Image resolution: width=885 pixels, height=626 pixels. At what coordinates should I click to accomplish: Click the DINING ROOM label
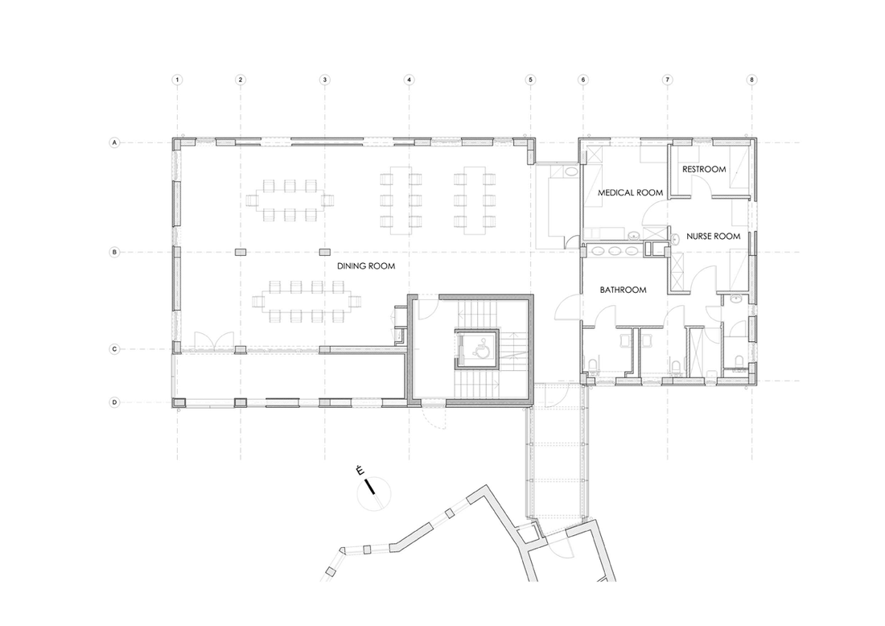pyautogui.click(x=366, y=266)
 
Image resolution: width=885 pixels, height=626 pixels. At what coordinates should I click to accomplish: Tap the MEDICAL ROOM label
pyautogui.click(x=630, y=192)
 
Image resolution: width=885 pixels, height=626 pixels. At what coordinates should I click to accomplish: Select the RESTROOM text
pyautogui.click(x=704, y=169)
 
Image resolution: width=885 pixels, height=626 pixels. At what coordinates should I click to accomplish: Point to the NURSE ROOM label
pyautogui.click(x=714, y=237)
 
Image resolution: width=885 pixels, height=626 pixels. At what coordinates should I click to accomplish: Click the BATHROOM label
pyautogui.click(x=623, y=290)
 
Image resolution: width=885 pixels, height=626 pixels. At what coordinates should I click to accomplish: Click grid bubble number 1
pyautogui.click(x=177, y=80)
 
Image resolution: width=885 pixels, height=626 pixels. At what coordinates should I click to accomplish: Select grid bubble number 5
pyautogui.click(x=530, y=80)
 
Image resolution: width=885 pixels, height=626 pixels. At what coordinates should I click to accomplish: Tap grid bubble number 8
pyautogui.click(x=751, y=80)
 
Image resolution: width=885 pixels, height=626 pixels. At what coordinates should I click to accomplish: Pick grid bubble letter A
pyautogui.click(x=114, y=142)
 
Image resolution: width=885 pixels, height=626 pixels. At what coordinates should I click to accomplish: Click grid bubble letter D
pyautogui.click(x=114, y=402)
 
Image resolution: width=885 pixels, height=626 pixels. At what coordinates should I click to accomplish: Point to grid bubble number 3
pyautogui.click(x=324, y=80)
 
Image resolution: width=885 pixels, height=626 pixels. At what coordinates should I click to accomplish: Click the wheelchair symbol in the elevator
pyautogui.click(x=481, y=350)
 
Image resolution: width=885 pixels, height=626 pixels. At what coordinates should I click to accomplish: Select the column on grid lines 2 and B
pyautogui.click(x=241, y=252)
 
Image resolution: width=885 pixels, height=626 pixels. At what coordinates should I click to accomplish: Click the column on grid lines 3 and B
pyautogui.click(x=324, y=252)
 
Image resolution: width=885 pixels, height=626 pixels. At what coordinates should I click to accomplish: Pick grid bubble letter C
pyautogui.click(x=114, y=349)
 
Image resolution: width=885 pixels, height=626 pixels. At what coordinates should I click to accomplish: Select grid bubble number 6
pyautogui.click(x=583, y=80)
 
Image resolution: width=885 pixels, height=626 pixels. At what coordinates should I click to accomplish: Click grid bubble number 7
pyautogui.click(x=667, y=80)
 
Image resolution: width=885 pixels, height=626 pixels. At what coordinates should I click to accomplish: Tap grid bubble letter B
pyautogui.click(x=114, y=253)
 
